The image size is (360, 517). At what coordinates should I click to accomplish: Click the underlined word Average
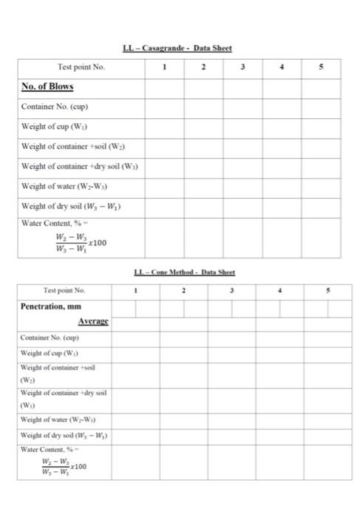point(93,321)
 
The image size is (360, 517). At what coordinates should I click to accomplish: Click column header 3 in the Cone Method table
point(231,290)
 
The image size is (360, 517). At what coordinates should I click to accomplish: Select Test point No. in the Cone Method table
point(65,290)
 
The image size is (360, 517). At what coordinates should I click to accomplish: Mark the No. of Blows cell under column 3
point(242,86)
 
